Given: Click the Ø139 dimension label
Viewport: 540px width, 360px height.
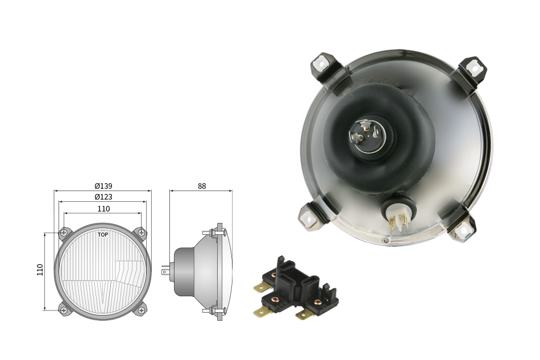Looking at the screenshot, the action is pos(103,186).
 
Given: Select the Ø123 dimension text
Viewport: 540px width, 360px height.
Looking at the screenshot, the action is pos(103,197).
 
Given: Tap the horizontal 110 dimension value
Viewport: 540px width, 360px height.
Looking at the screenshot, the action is pos(103,209).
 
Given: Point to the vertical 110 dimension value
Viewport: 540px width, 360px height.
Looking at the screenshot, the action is pos(40,270).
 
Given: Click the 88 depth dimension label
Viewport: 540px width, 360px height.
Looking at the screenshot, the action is pos(202,186).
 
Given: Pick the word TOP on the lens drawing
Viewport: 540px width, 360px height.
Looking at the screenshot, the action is pos(103,235).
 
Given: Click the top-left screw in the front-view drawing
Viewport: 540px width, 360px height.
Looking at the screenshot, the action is pos(64,233).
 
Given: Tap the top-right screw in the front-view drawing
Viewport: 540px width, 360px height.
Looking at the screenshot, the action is pos(141,233).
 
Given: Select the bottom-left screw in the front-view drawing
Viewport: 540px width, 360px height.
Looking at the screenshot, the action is pos(64,310).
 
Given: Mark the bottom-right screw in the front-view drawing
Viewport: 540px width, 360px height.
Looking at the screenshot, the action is pos(141,310).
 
